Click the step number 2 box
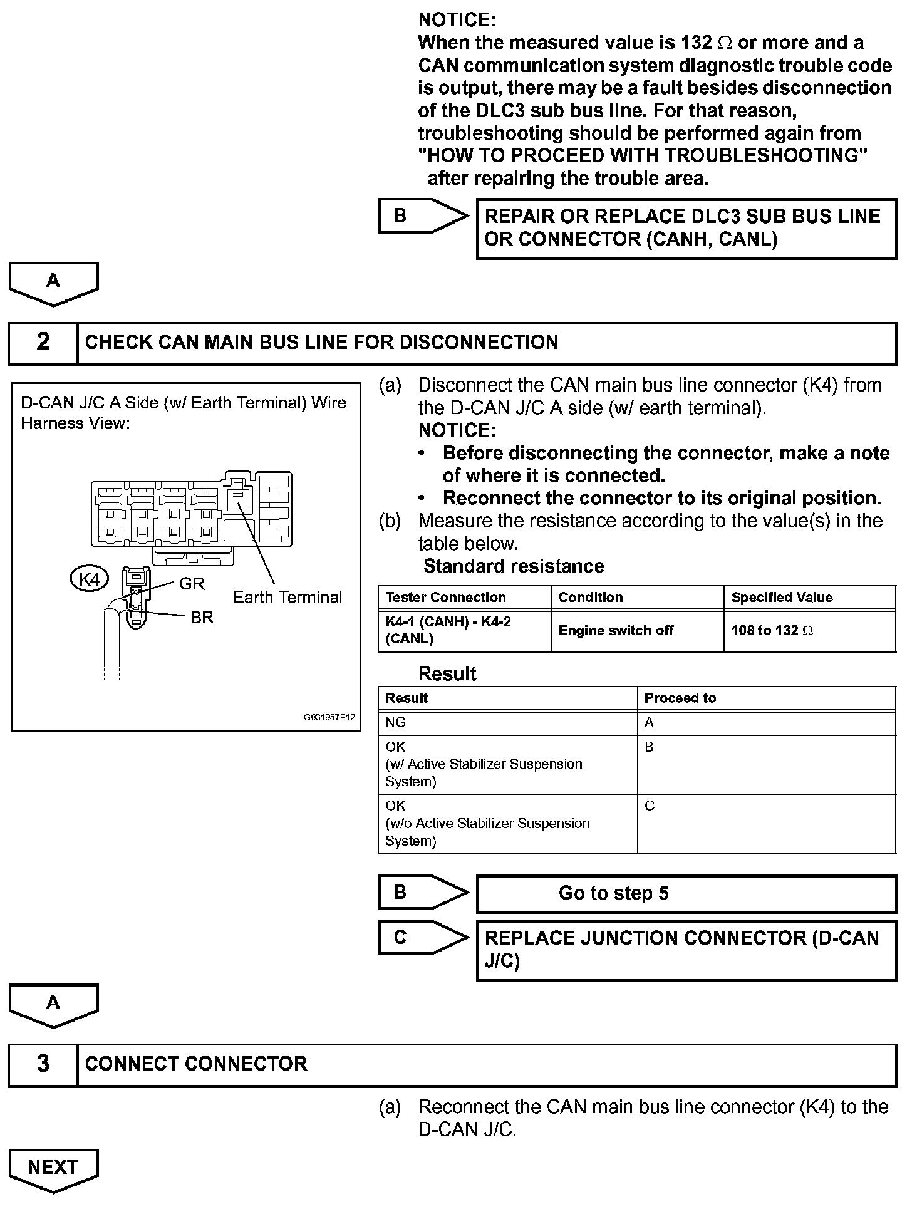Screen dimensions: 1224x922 click(x=43, y=343)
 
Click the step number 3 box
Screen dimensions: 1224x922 click(x=43, y=1064)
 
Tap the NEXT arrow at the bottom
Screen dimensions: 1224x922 click(x=53, y=1169)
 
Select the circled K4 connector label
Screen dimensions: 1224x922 click(x=90, y=579)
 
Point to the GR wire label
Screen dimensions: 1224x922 click(x=192, y=584)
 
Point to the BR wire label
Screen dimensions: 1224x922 click(x=202, y=618)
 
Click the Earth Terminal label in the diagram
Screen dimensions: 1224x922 click(x=287, y=598)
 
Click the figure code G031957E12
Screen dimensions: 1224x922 click(x=329, y=717)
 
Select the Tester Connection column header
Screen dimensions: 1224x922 click(x=445, y=598)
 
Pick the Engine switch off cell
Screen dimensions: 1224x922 click(x=616, y=631)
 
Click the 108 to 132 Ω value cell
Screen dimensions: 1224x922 click(x=772, y=631)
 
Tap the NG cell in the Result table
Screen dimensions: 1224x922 click(x=396, y=723)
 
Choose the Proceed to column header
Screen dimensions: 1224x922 click(x=680, y=698)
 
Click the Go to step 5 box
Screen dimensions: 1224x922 click(x=686, y=894)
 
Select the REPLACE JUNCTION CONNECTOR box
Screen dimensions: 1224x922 click(x=686, y=950)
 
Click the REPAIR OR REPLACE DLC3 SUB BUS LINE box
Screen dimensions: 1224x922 click(x=686, y=228)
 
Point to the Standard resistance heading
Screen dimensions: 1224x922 click(x=514, y=566)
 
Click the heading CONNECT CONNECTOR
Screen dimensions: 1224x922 click(x=196, y=1064)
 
